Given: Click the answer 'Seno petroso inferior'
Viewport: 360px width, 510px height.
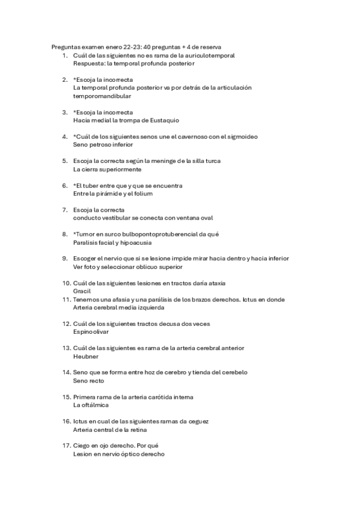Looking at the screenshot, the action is click(103, 144).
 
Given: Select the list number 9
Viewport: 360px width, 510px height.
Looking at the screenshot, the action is click(65, 259).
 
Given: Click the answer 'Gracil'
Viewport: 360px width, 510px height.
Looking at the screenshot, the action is click(81, 291).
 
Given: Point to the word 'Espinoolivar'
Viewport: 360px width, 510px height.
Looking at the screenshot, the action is click(92, 332).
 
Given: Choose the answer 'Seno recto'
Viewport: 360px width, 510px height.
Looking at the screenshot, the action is click(88, 381).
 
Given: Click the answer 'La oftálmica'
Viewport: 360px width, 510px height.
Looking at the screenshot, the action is click(91, 405).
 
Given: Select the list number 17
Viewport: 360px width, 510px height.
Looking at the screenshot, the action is click(66, 446).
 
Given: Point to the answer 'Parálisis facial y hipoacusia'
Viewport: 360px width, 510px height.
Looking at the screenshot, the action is click(112, 242).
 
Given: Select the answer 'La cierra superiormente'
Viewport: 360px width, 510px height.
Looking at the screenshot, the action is click(107, 169).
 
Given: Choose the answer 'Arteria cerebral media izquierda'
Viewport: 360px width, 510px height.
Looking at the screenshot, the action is click(118, 307).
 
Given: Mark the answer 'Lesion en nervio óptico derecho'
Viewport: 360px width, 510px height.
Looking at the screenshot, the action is click(118, 455).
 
